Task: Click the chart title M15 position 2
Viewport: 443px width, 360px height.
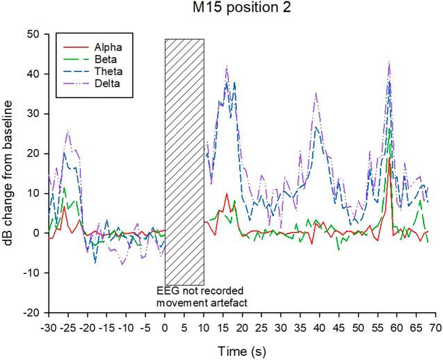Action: click(241, 9)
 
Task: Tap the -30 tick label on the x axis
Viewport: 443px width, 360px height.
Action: click(48, 325)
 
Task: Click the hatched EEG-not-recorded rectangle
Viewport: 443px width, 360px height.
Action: click(184, 160)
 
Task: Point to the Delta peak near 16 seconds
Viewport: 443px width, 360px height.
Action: click(227, 67)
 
